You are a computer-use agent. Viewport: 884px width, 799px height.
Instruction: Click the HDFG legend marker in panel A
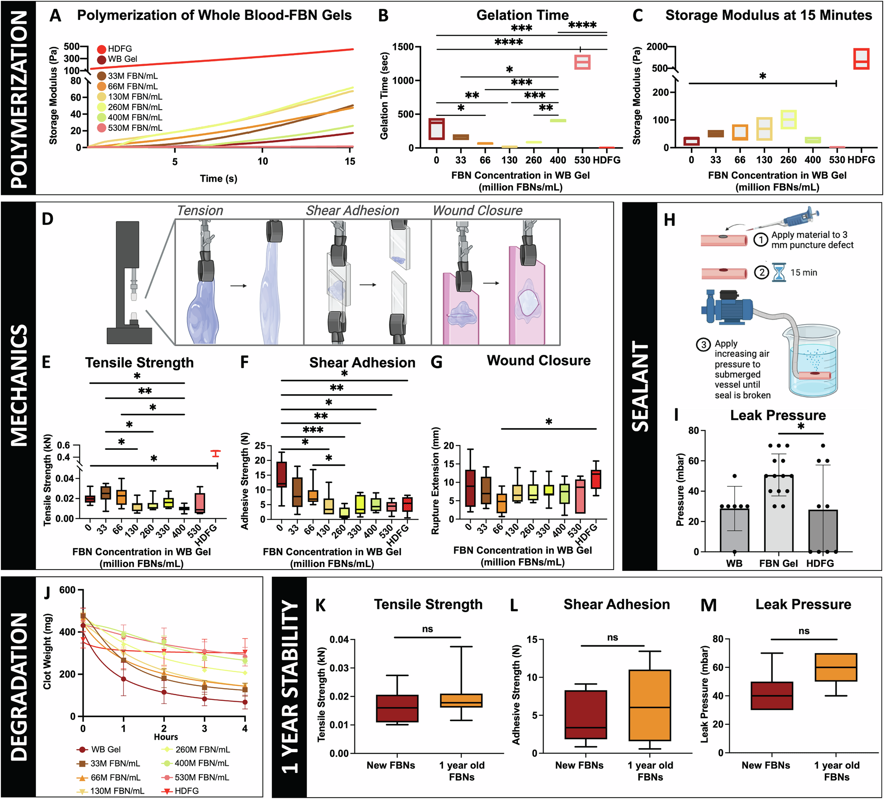coord(102,49)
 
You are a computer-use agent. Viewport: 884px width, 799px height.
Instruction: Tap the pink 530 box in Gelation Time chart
coord(582,62)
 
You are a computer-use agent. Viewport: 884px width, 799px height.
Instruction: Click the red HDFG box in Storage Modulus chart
coord(861,59)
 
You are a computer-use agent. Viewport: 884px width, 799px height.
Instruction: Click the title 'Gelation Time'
coord(522,15)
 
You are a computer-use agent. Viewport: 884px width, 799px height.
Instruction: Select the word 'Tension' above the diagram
coord(200,211)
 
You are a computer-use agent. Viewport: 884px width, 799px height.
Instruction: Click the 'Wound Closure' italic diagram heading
coord(477,211)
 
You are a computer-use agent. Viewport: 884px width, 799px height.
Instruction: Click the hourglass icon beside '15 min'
coord(779,273)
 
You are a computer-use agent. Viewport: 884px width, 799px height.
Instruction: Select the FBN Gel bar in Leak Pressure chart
coord(778,513)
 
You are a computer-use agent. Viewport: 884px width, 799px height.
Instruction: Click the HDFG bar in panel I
coord(823,530)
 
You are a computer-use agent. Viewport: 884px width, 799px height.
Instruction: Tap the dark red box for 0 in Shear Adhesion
coord(281,474)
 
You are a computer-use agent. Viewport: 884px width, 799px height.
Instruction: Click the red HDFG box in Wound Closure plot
coord(596,479)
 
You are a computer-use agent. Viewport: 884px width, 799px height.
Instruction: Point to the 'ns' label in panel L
coord(612,638)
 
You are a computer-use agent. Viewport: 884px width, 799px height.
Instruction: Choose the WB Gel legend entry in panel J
coord(105,750)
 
